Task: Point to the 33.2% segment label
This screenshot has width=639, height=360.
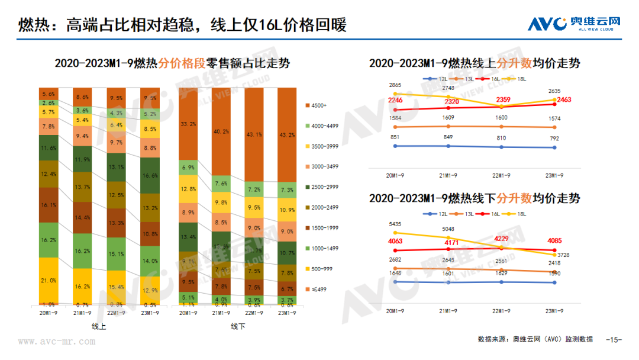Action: coord(189,124)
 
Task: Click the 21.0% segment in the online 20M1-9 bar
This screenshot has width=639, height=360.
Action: coord(49,280)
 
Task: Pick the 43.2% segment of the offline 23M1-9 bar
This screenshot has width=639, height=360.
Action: coord(288,135)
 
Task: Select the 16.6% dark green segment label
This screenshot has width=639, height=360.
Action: coord(150,176)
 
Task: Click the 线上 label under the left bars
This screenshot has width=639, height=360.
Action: coord(99,326)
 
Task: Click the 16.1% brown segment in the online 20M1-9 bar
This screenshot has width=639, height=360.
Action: coord(49,204)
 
